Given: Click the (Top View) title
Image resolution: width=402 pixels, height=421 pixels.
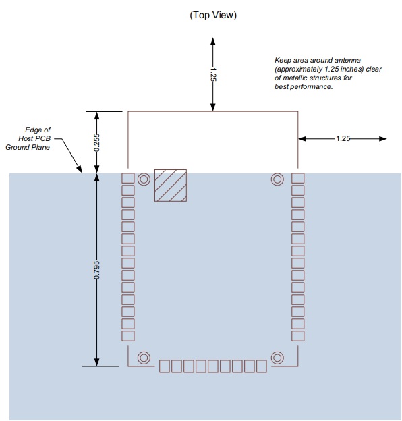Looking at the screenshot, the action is coord(213,15).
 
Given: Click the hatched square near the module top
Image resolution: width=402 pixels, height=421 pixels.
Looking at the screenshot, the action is coord(171,186).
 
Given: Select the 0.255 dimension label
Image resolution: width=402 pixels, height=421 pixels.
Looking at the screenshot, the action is coord(97,142).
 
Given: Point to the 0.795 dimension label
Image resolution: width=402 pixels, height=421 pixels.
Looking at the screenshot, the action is coord(97,270).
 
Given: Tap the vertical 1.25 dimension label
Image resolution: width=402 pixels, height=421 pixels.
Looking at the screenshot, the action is coord(213,74).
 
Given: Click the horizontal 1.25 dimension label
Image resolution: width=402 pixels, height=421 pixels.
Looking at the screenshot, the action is coord(343,138).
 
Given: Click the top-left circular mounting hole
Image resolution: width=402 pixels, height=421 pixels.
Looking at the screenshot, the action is coord(144,179).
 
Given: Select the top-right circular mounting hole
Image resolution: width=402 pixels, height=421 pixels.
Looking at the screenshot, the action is coord(277,179).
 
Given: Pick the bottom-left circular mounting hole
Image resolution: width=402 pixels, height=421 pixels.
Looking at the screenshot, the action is coord(144,358).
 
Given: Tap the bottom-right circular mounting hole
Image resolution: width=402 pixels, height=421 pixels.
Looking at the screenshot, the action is coord(277,358).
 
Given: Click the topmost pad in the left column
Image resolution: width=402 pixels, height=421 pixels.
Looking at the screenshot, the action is coord(128,178).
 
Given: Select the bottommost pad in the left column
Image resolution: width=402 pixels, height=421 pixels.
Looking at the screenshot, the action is coord(128,336).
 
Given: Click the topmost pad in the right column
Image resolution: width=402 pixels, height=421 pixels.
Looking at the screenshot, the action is coord(298,178).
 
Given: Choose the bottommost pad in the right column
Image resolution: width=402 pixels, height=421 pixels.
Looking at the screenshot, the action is coord(298,336).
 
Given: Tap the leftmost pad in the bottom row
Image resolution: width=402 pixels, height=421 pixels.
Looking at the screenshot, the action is coord(165,366).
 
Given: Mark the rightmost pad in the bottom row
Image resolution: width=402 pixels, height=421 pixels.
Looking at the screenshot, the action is coord(262,366).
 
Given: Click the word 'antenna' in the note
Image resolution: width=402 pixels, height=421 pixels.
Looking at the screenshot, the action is coord(347,60).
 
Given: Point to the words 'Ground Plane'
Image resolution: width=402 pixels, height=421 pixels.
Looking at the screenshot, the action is coord(28,147).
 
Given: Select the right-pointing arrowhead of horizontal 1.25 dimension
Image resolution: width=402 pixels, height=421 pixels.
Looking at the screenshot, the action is coord(382,138).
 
